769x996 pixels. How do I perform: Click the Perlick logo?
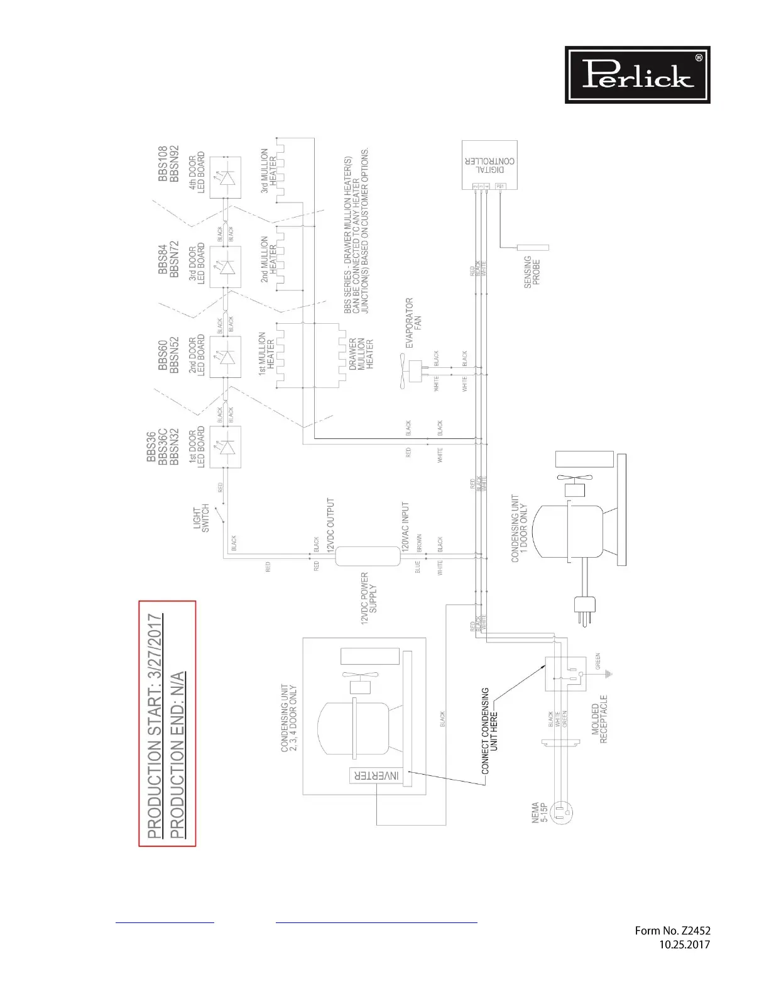(637, 75)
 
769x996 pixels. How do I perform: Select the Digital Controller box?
(489, 164)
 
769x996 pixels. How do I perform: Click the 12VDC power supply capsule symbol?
(368, 556)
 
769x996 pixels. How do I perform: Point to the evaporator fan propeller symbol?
(403, 371)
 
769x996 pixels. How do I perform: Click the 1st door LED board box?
(225, 447)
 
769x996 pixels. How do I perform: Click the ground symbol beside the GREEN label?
(608, 674)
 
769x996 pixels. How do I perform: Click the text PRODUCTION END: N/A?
(178, 755)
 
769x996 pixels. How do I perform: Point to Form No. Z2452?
(672, 931)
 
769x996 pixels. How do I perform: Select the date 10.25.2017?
(684, 944)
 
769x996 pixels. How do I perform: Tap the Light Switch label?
(201, 520)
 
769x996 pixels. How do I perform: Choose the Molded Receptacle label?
(599, 719)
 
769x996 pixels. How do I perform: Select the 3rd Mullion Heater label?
(268, 170)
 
